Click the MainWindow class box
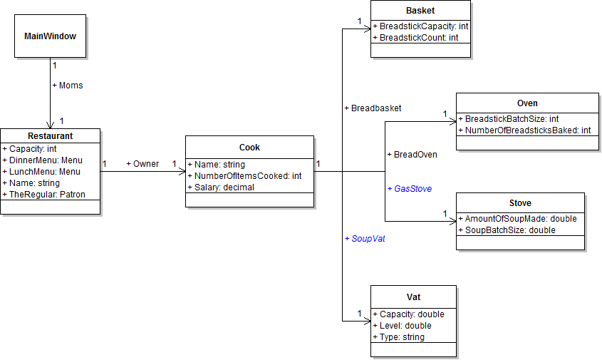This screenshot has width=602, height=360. pyautogui.click(x=50, y=36)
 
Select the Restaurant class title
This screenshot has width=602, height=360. pyautogui.click(x=50, y=135)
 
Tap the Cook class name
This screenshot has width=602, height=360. pyautogui.click(x=249, y=148)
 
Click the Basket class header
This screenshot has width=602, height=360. pyautogui.click(x=420, y=11)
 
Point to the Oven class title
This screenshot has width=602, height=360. pyautogui.click(x=527, y=103)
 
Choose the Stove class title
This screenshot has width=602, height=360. pyautogui.click(x=520, y=203)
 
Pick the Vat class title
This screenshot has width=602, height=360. pyautogui.click(x=413, y=296)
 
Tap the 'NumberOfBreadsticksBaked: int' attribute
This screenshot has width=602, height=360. pyautogui.click(x=527, y=130)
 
